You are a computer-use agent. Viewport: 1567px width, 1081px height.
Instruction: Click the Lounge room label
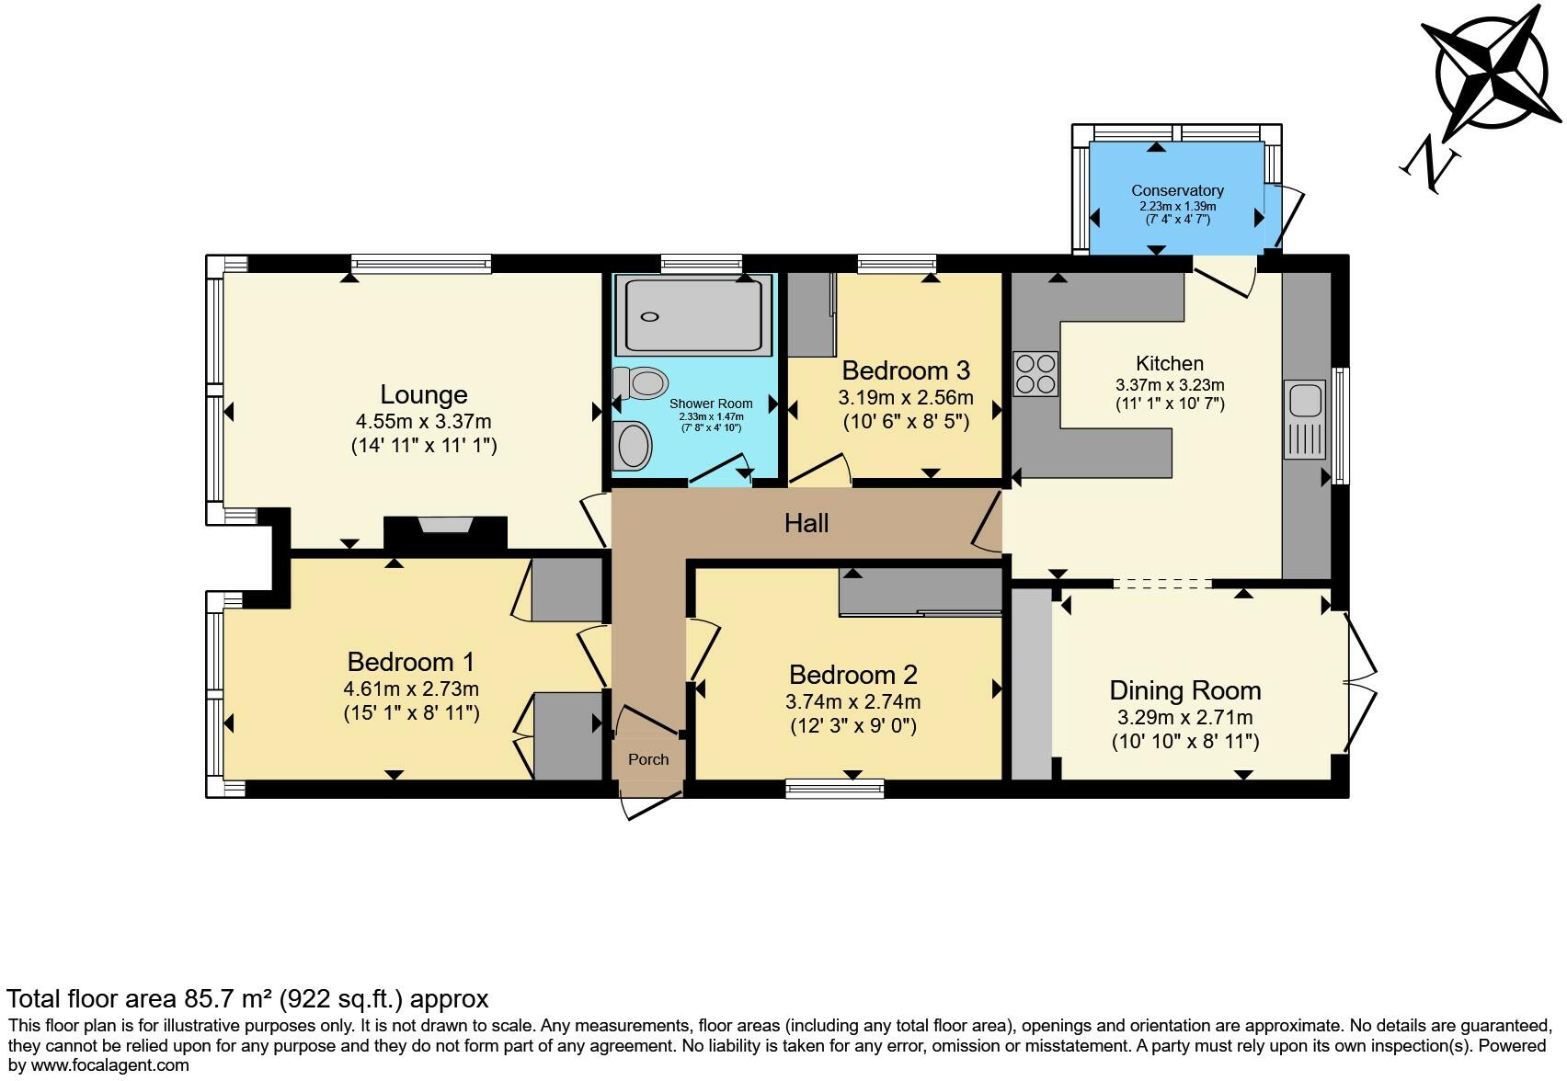coord(424,394)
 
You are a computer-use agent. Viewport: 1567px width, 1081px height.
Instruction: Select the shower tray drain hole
coord(650,317)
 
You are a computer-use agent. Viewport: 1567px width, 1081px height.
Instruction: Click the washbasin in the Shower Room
coord(634,446)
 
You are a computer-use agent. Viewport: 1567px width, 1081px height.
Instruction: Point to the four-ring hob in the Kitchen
coord(1035,374)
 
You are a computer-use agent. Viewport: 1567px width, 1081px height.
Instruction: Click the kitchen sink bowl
coord(1305,402)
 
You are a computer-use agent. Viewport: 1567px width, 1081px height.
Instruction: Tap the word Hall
coord(806,524)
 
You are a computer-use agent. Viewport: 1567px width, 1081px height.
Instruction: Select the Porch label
coord(648,759)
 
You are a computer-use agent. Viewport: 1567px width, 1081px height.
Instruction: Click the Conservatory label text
coord(1177,190)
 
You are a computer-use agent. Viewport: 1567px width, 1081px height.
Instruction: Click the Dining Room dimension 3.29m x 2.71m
coord(1184,718)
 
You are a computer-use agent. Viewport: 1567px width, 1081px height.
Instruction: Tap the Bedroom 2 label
coord(852,675)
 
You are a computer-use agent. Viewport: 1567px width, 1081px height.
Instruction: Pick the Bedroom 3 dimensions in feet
coord(906,423)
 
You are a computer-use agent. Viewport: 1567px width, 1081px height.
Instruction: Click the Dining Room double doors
coord(1361,681)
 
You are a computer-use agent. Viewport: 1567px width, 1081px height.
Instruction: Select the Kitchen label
coord(1169,363)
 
